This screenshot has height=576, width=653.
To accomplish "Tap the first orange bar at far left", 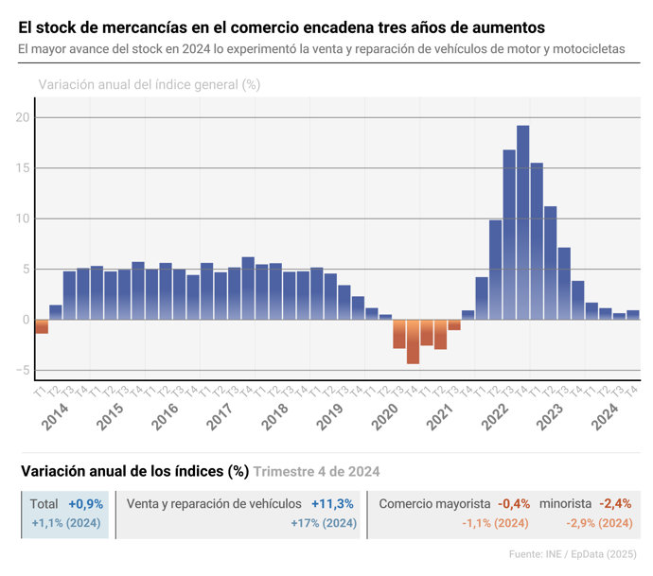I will tap(42, 326).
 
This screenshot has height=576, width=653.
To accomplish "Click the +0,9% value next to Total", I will tap(86, 504).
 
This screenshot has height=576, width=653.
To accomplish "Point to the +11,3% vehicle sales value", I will tap(332, 504).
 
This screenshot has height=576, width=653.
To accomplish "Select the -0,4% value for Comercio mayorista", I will tap(514, 504).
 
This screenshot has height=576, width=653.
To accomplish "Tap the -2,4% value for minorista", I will tap(616, 504).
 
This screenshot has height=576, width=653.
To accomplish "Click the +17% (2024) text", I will tap(324, 523).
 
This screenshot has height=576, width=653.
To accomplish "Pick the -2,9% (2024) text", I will tap(599, 523).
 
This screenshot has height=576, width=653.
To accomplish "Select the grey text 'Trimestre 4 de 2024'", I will tap(317, 471).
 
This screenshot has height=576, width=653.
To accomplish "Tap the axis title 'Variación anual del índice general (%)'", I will tap(150, 84).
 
